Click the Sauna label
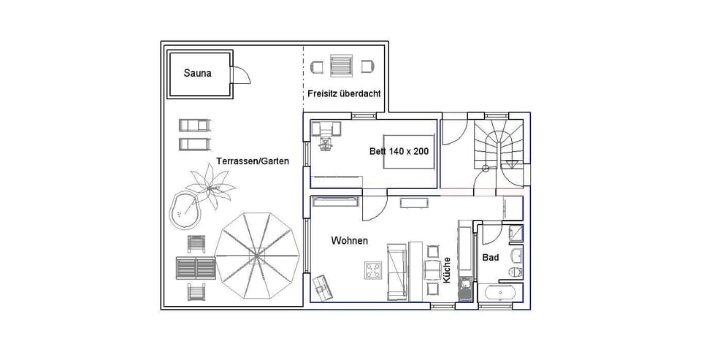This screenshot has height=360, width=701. (x=198, y=73)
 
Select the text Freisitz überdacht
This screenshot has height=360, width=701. (x=343, y=93)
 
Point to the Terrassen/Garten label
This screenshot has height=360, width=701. (x=252, y=161)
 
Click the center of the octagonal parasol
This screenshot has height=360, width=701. (x=258, y=255)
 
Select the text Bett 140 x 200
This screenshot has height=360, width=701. (x=399, y=152)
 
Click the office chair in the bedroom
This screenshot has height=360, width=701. (x=326, y=143)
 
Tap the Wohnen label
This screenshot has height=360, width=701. (x=349, y=240)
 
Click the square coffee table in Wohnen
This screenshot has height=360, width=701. (x=374, y=271)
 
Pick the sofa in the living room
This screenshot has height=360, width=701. (x=397, y=272)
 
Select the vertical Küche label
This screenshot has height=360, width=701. (x=447, y=270)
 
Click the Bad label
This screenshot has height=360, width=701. (x=490, y=258)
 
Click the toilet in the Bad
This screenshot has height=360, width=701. (x=516, y=272)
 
